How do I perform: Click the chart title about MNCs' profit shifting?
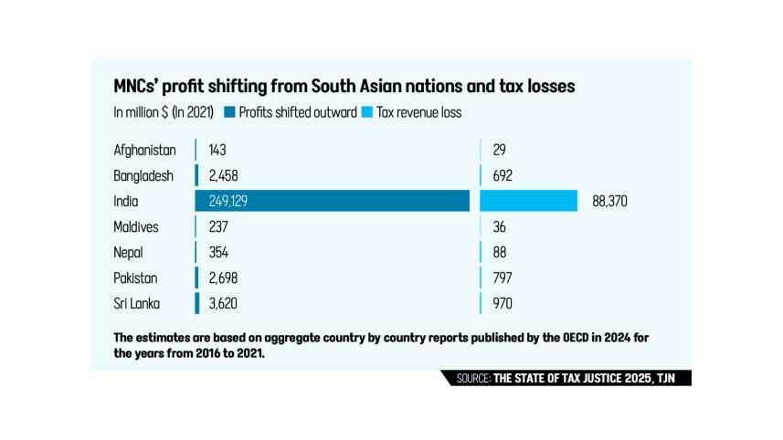click(x=344, y=87)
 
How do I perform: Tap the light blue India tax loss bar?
click(x=528, y=201)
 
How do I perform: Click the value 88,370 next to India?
click(x=609, y=201)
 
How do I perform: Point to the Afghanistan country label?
click(x=144, y=150)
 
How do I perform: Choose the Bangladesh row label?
click(x=143, y=175)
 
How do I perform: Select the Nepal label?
click(x=129, y=252)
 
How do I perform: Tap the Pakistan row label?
click(x=136, y=278)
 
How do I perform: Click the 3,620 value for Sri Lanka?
click(x=224, y=303)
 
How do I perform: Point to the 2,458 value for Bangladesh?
click(x=224, y=175)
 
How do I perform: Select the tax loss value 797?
click(x=503, y=278)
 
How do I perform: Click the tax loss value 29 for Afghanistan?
click(x=499, y=150)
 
